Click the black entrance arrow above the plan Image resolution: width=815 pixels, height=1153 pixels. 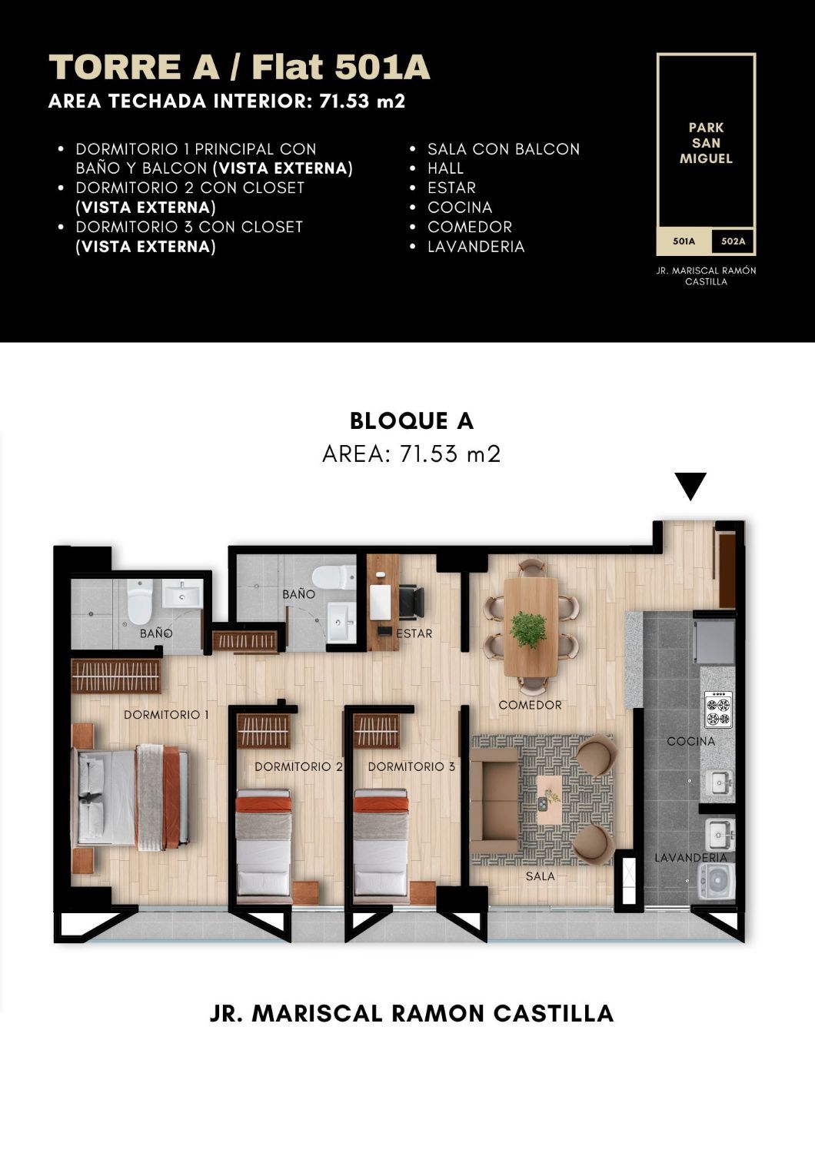click(x=690, y=485)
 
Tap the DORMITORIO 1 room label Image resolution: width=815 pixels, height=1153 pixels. click(x=166, y=714)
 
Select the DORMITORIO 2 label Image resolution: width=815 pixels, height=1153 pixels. click(x=298, y=766)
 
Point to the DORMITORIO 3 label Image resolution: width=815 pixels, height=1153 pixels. click(x=411, y=766)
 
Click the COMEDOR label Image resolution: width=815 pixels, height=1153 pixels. click(x=530, y=705)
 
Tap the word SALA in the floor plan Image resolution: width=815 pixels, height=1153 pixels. click(x=540, y=876)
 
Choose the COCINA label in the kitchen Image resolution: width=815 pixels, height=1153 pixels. click(x=691, y=741)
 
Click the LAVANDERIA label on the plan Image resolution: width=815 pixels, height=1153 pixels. click(x=691, y=858)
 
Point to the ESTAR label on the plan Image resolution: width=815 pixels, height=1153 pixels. click(x=414, y=633)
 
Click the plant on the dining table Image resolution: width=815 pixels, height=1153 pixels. click(x=529, y=629)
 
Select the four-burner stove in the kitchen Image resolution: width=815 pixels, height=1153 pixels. click(x=718, y=709)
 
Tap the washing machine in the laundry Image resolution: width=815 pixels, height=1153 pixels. click(x=716, y=881)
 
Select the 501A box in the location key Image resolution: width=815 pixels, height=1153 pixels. click(x=684, y=241)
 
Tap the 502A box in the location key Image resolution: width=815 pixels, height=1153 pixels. click(x=733, y=241)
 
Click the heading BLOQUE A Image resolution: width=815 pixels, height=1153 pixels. click(x=411, y=420)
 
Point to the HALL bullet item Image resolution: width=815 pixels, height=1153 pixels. click(x=445, y=168)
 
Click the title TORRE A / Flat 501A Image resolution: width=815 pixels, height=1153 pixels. click(x=239, y=67)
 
